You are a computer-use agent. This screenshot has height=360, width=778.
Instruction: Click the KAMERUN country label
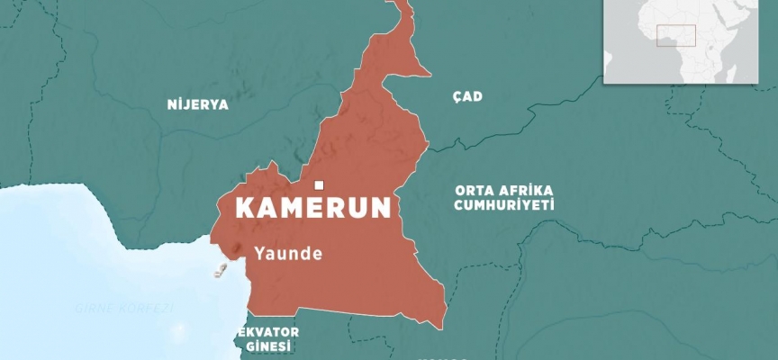[312, 208]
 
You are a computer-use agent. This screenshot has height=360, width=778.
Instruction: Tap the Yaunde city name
[288, 253]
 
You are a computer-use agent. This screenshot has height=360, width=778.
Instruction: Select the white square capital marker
[318, 186]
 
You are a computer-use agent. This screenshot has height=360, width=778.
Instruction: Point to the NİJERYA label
[198, 104]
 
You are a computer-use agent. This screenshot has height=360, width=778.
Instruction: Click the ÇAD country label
[467, 96]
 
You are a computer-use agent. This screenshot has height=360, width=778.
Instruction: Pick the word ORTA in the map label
[473, 190]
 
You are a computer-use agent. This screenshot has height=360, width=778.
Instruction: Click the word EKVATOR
[268, 331]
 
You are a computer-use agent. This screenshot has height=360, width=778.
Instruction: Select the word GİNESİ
[268, 346]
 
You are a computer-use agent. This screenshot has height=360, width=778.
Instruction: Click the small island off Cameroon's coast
[217, 270]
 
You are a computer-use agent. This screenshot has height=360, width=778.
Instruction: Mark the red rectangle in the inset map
[675, 35]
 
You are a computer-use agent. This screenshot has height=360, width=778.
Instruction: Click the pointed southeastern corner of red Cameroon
[443, 320]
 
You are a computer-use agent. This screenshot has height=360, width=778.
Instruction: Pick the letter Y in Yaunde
[259, 253]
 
